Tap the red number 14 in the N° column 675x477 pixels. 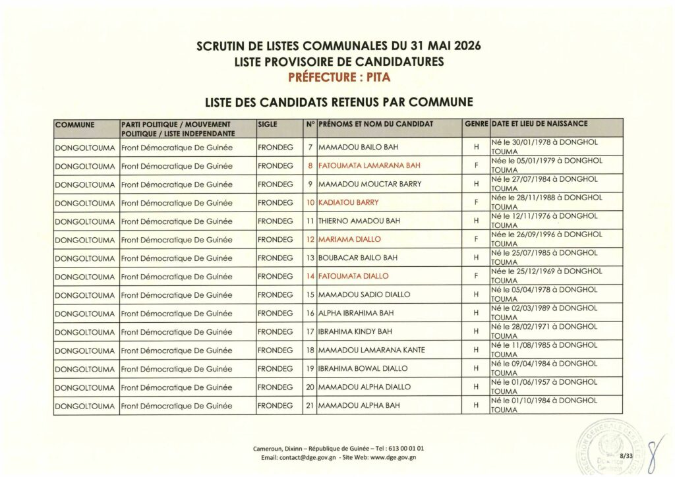click(x=310, y=276)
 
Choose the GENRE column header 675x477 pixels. click(x=476, y=124)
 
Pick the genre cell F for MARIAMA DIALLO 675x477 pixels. click(x=475, y=239)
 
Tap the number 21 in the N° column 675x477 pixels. click(x=310, y=405)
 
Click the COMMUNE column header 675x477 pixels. click(x=75, y=124)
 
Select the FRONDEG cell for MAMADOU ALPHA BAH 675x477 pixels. click(x=276, y=405)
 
